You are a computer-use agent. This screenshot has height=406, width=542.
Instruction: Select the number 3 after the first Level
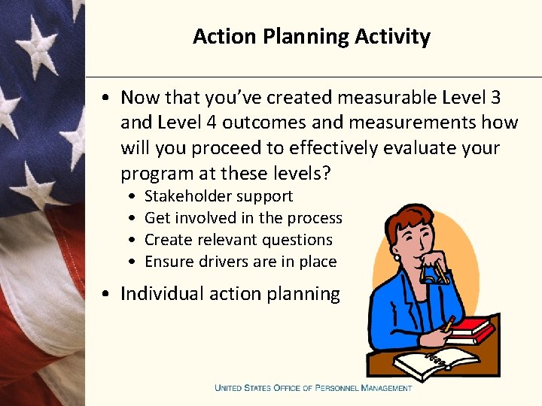click(x=494, y=98)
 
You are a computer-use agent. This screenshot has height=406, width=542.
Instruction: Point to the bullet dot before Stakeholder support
click(x=132, y=197)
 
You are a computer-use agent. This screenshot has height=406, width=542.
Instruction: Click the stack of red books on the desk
click(x=471, y=330)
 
